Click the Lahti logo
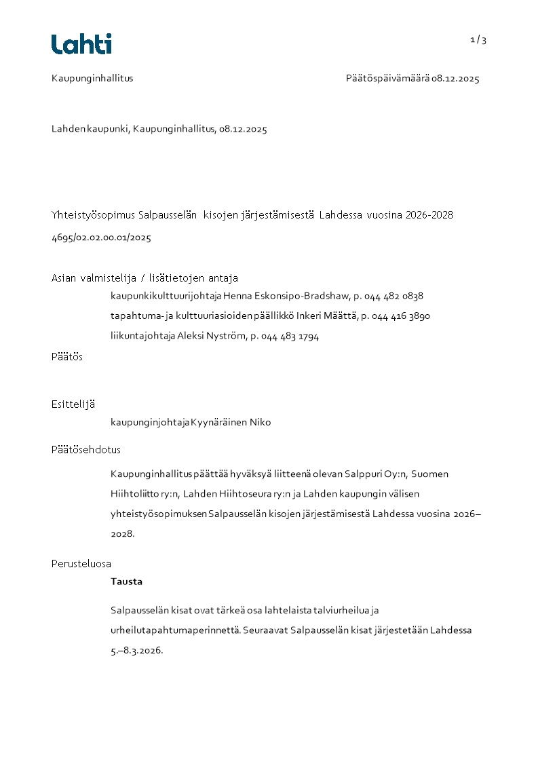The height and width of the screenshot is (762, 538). (81, 44)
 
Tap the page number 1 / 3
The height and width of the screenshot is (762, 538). (478, 40)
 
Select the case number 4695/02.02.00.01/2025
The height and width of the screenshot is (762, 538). (101, 238)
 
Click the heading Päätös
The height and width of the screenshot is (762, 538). (67, 357)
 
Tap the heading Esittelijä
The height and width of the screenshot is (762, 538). (73, 404)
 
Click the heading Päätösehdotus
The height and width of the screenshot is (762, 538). (86, 450)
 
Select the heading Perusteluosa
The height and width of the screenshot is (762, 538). (81, 564)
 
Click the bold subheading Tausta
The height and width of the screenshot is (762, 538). (126, 582)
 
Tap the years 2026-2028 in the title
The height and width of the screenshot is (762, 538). (429, 215)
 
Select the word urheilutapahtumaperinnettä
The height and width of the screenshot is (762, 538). (196, 630)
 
